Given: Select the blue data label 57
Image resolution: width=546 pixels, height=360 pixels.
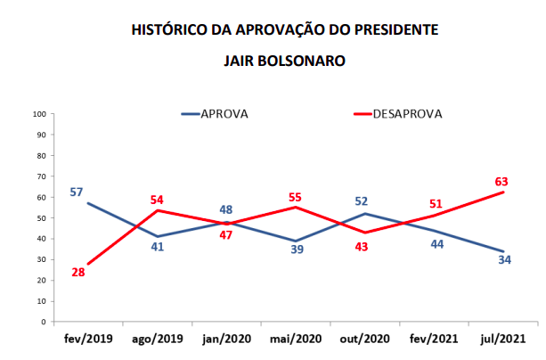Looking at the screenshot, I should point(77,192).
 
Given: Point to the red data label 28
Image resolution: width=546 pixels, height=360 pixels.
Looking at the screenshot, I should point(78,272).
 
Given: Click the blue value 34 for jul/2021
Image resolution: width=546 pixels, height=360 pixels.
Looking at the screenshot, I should point(504,260).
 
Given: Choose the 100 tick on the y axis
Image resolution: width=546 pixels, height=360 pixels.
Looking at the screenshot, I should point(40,114).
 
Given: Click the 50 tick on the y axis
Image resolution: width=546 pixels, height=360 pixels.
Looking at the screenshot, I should point(42,217).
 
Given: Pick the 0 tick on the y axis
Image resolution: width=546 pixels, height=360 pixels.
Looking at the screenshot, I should point(45,321).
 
